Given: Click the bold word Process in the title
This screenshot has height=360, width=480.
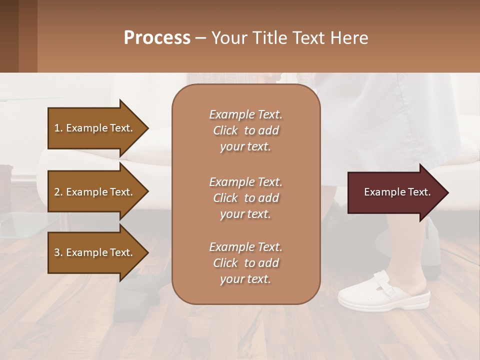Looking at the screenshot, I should [x=157, y=38].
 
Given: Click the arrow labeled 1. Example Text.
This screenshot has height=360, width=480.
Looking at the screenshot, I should [x=95, y=128].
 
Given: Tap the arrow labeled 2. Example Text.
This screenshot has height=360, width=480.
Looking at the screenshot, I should [x=95, y=192].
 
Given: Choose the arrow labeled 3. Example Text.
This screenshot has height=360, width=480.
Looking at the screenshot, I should [x=95, y=252].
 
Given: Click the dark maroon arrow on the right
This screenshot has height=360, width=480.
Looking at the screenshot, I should [x=395, y=192].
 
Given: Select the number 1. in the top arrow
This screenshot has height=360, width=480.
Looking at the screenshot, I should [x=58, y=128].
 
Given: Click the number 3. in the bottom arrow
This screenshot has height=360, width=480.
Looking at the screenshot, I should [x=58, y=252].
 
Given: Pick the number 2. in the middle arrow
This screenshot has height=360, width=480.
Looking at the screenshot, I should [x=58, y=192].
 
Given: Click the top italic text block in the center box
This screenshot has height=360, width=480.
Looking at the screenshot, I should [x=245, y=130].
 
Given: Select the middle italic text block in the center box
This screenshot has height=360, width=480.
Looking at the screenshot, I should [x=245, y=198].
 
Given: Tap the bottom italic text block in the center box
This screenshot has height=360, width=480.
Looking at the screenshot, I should [x=245, y=263].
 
